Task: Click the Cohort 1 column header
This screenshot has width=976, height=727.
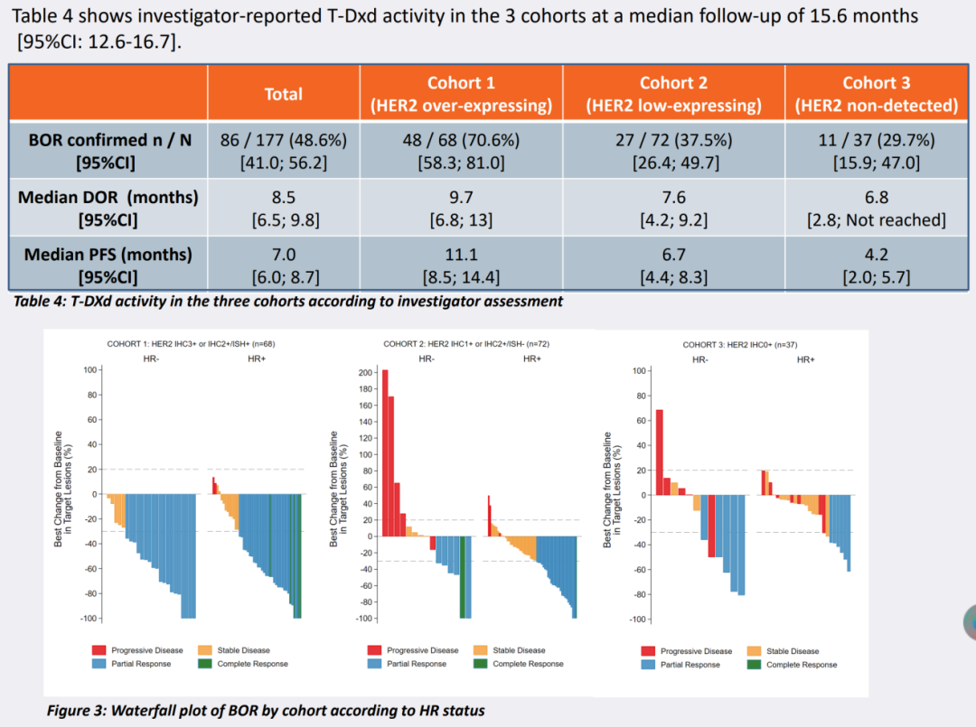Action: click(461, 94)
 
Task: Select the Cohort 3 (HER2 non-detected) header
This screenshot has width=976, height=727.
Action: click(876, 94)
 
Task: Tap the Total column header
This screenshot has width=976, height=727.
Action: click(284, 94)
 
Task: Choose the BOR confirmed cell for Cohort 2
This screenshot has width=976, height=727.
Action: click(673, 151)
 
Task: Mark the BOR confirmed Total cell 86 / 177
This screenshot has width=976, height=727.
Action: click(284, 151)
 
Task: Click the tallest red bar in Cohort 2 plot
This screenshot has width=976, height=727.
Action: click(386, 452)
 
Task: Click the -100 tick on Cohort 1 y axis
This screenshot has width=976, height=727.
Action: click(89, 619)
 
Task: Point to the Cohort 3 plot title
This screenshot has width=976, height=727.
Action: click(739, 344)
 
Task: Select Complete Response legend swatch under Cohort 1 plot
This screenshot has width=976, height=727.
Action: click(204, 664)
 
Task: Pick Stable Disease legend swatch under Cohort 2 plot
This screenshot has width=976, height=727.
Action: click(480, 650)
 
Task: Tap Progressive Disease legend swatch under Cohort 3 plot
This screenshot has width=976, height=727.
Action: click(648, 651)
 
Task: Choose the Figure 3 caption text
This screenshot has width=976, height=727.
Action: click(266, 711)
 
